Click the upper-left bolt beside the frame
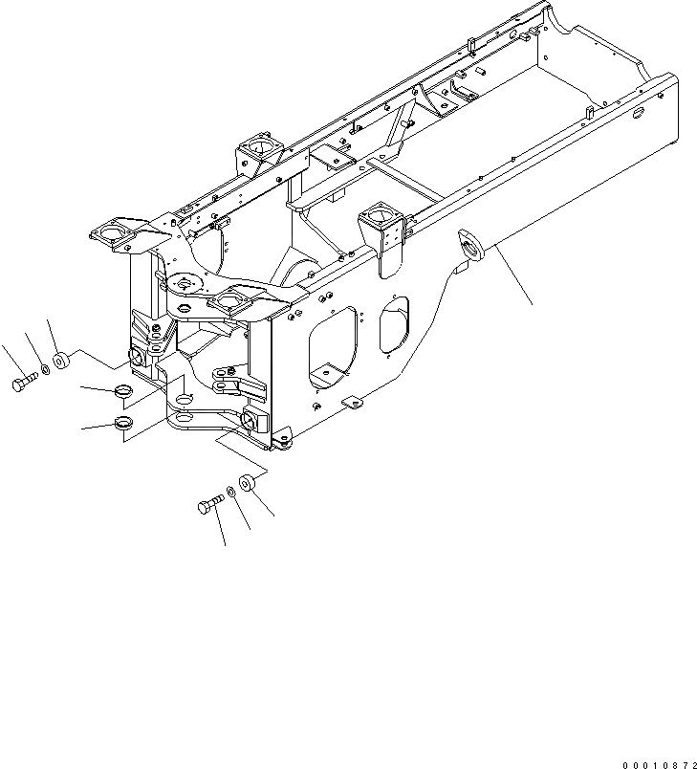[x=23, y=384]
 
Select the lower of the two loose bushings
[x=121, y=423]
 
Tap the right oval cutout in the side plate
[x=394, y=323]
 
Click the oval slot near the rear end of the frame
[x=636, y=114]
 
